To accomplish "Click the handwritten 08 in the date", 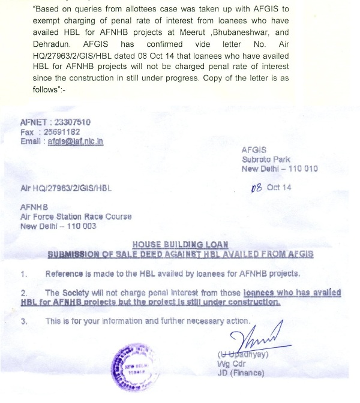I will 258,187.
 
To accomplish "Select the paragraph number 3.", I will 24,320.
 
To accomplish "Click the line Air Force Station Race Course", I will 75,216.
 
